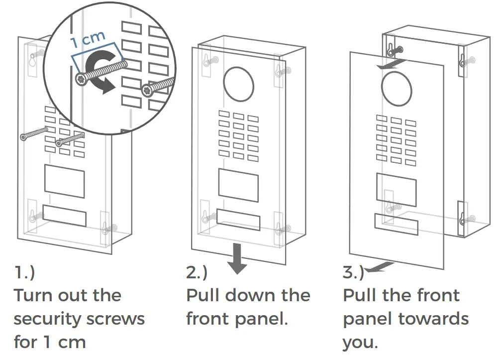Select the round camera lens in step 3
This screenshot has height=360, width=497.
(397, 87)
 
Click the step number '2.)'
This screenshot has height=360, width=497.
(197, 273)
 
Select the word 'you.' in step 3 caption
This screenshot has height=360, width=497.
(361, 343)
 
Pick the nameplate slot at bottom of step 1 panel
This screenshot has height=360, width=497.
(64, 215)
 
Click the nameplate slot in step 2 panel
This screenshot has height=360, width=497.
(238, 220)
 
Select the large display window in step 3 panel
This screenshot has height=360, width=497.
(396, 189)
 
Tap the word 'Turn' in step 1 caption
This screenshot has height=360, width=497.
(31, 295)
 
